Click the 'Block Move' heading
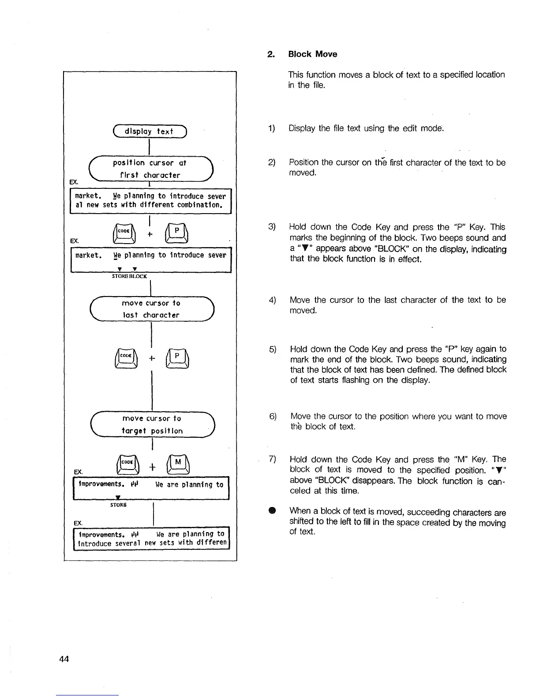pos(312,54)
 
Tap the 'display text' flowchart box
pos(150,132)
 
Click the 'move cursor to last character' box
pos(151,309)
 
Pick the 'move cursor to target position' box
pos(152,425)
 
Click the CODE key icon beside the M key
pos(127,463)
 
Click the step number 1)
pos(272,128)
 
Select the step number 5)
pos(273,349)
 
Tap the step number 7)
pos(272,459)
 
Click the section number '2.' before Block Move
pos(271,54)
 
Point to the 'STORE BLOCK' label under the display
pos(129,276)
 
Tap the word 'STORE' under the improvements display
pos(119,505)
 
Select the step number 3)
pos(272,227)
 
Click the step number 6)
pos(273,417)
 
